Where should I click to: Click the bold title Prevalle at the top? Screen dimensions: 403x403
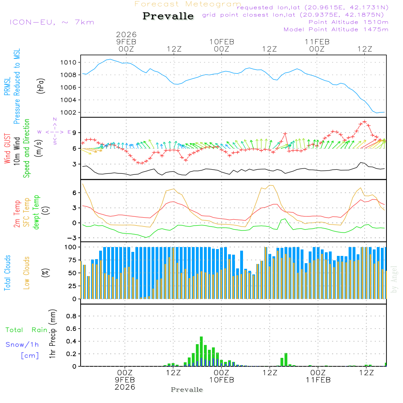pos(168,17)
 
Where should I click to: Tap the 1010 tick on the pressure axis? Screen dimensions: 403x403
pos(68,62)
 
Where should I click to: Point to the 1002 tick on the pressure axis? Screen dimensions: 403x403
pos(68,112)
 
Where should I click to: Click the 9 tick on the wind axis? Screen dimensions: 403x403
pos(74,133)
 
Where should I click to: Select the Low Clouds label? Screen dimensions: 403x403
pos(27,273)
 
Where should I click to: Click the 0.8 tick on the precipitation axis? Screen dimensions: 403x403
pos(71,316)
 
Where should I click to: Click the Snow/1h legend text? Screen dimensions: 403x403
pos(23,345)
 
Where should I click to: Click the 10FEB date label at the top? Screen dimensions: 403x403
pos(222,42)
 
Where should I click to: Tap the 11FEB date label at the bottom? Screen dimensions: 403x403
pos(318,379)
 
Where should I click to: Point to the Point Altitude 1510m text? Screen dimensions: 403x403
pos(348,22)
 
